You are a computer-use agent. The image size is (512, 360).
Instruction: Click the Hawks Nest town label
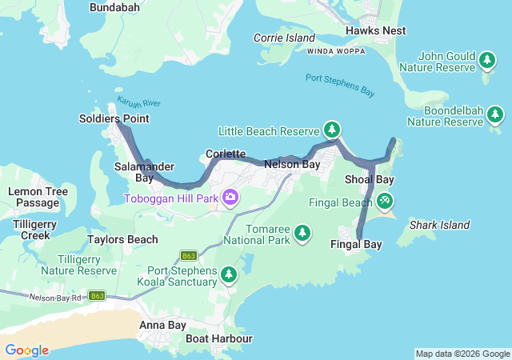click(x=375, y=30)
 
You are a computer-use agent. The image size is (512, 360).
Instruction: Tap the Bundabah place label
click(x=114, y=7)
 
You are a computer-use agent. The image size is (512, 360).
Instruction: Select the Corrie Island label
click(x=284, y=38)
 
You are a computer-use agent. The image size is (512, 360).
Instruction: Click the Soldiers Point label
click(x=114, y=118)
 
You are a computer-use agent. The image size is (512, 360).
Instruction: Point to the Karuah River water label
click(x=139, y=103)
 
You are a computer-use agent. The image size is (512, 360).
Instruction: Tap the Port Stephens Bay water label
click(x=340, y=85)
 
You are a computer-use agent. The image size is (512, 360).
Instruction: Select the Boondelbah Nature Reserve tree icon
click(x=495, y=115)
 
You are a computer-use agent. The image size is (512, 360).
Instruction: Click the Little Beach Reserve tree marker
click(x=332, y=130)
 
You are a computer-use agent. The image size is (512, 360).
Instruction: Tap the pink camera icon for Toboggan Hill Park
click(x=230, y=197)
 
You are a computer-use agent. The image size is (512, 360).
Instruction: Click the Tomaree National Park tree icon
click(x=302, y=233)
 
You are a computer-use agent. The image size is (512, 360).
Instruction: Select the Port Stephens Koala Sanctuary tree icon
click(x=229, y=275)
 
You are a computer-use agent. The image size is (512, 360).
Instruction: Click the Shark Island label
click(x=439, y=226)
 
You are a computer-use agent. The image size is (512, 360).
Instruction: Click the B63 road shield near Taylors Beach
click(x=189, y=256)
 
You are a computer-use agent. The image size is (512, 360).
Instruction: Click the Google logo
click(x=26, y=350)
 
